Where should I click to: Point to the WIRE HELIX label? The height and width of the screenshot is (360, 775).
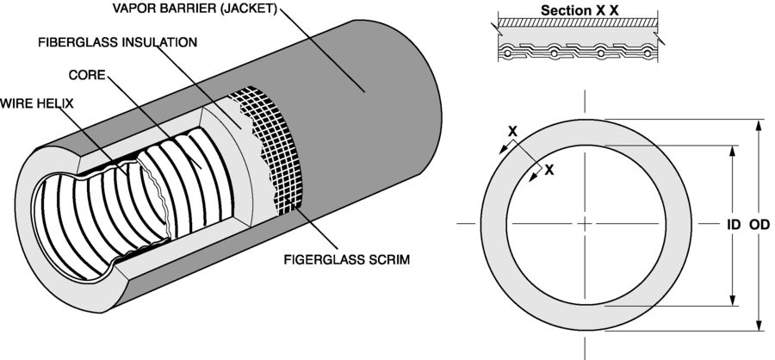coord(38,103)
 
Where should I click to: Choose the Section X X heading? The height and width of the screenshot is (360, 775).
coord(580,10)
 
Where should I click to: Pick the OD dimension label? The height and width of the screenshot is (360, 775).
coord(759,225)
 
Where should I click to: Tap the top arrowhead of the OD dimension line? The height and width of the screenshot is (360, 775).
coord(759,123)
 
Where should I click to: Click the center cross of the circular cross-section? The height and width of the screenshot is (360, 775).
coord(586,224)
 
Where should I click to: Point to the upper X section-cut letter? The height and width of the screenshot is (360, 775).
coord(512,132)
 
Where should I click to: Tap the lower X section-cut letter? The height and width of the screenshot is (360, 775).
coord(549,170)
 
